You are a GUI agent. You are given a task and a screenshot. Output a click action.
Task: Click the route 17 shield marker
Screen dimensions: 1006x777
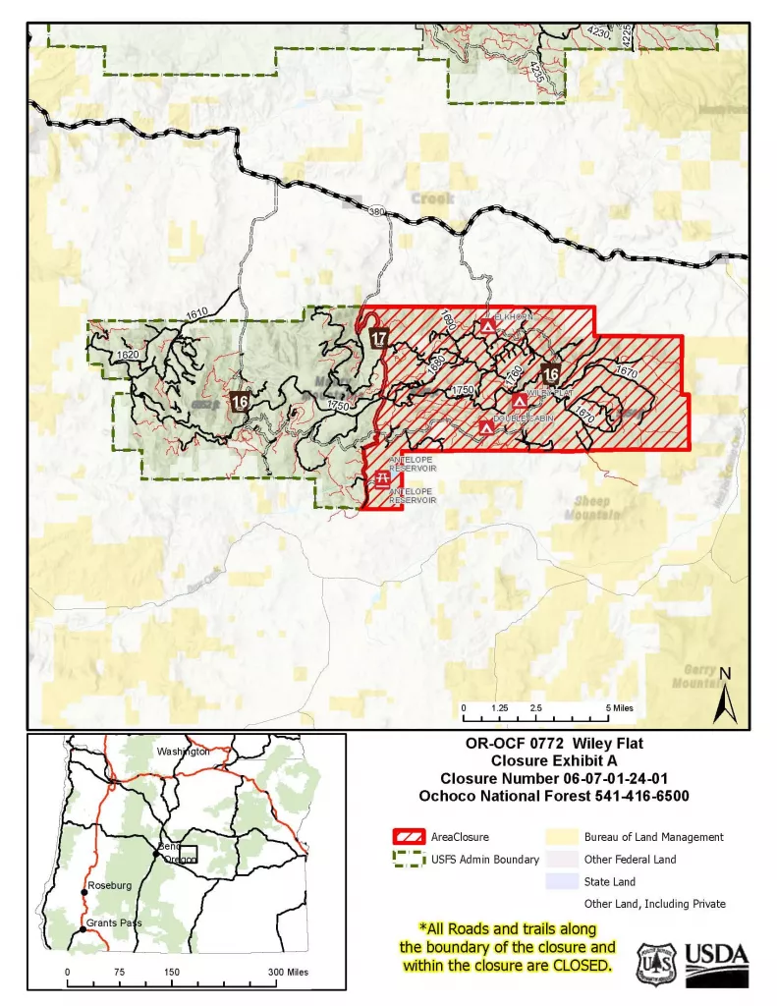(x=379, y=338)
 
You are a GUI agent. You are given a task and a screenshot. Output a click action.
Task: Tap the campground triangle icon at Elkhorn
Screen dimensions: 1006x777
(x=488, y=326)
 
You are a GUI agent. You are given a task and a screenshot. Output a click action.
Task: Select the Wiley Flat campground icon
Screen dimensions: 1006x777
(x=520, y=401)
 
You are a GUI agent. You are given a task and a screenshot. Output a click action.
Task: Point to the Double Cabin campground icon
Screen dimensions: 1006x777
(x=485, y=427)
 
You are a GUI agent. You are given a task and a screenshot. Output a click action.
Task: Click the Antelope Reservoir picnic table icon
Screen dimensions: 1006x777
(x=381, y=478)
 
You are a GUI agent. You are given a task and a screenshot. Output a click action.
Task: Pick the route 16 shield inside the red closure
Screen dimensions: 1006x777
(x=551, y=373)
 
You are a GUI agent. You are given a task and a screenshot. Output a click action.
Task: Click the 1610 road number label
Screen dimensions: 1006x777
(x=196, y=313)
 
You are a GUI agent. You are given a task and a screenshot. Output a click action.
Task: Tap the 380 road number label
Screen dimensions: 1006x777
(x=375, y=211)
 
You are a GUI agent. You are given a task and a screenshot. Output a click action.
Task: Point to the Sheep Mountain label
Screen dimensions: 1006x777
(x=592, y=508)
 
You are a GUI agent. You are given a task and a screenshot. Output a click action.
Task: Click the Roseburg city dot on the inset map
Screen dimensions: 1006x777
(x=84, y=892)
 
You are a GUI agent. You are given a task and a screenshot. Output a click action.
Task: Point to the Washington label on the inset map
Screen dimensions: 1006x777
(x=184, y=752)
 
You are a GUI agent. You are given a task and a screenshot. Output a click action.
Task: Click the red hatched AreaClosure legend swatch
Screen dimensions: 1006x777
(x=409, y=837)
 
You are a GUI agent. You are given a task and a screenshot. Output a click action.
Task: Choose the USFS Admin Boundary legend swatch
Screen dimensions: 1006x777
(x=409, y=859)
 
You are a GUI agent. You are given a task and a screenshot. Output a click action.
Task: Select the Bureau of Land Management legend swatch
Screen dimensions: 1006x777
(x=563, y=837)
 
